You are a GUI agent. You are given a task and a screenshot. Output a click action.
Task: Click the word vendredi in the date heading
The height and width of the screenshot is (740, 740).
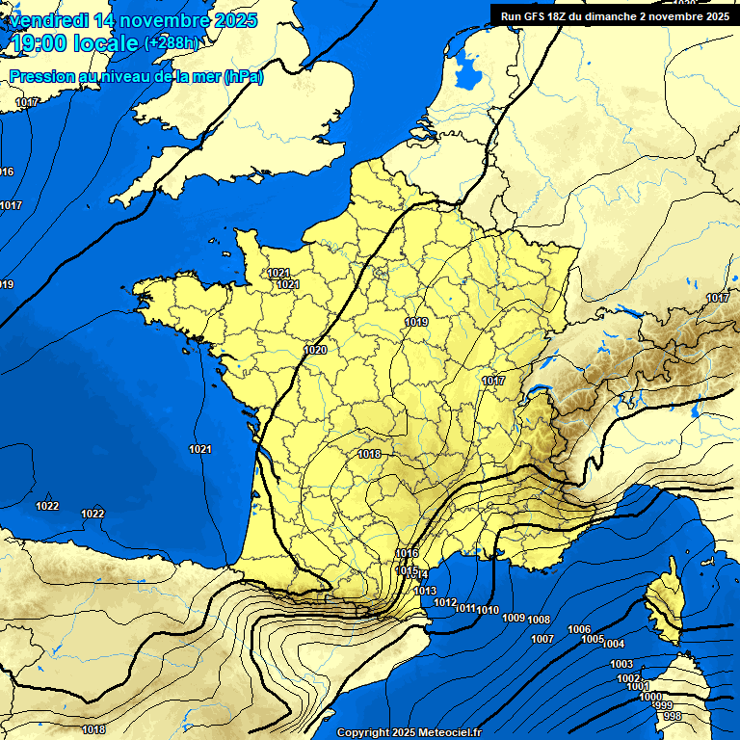(46, 20)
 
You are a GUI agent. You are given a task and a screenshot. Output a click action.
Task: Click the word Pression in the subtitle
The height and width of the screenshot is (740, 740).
(37, 76)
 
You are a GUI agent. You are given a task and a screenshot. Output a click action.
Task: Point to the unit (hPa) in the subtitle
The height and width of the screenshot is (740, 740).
(243, 76)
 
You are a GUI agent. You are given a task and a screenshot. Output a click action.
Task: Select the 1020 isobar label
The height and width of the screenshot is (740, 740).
(315, 350)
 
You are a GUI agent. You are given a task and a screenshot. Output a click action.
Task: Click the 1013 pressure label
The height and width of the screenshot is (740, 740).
(425, 591)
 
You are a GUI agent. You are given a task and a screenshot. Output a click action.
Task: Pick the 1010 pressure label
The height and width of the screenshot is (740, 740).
(488, 610)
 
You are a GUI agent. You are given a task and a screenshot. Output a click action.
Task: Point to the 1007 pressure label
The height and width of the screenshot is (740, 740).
(542, 639)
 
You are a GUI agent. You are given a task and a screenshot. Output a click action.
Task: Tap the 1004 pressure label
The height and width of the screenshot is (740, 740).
(614, 644)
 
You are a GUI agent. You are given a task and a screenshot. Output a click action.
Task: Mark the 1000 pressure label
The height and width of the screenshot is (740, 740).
(650, 697)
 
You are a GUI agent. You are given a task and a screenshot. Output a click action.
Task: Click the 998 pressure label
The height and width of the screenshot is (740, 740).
(673, 716)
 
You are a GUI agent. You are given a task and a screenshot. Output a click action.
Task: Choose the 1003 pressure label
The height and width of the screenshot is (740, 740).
(621, 665)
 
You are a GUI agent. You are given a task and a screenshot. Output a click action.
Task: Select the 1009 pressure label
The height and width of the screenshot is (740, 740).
(514, 618)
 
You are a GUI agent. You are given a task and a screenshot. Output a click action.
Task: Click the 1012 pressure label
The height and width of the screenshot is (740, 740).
(445, 602)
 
